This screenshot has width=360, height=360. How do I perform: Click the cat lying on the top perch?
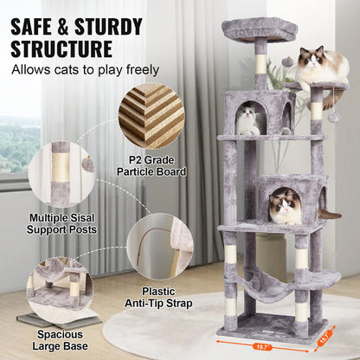pyautogui.click(x=321, y=67)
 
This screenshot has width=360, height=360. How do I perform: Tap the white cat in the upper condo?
pyautogui.click(x=249, y=120)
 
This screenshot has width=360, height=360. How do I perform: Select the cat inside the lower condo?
pyautogui.click(x=286, y=206)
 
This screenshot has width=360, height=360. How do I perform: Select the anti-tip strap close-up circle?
pyautogui.click(x=159, y=251)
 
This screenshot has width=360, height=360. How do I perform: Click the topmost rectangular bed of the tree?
pyautogui.click(x=260, y=29)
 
